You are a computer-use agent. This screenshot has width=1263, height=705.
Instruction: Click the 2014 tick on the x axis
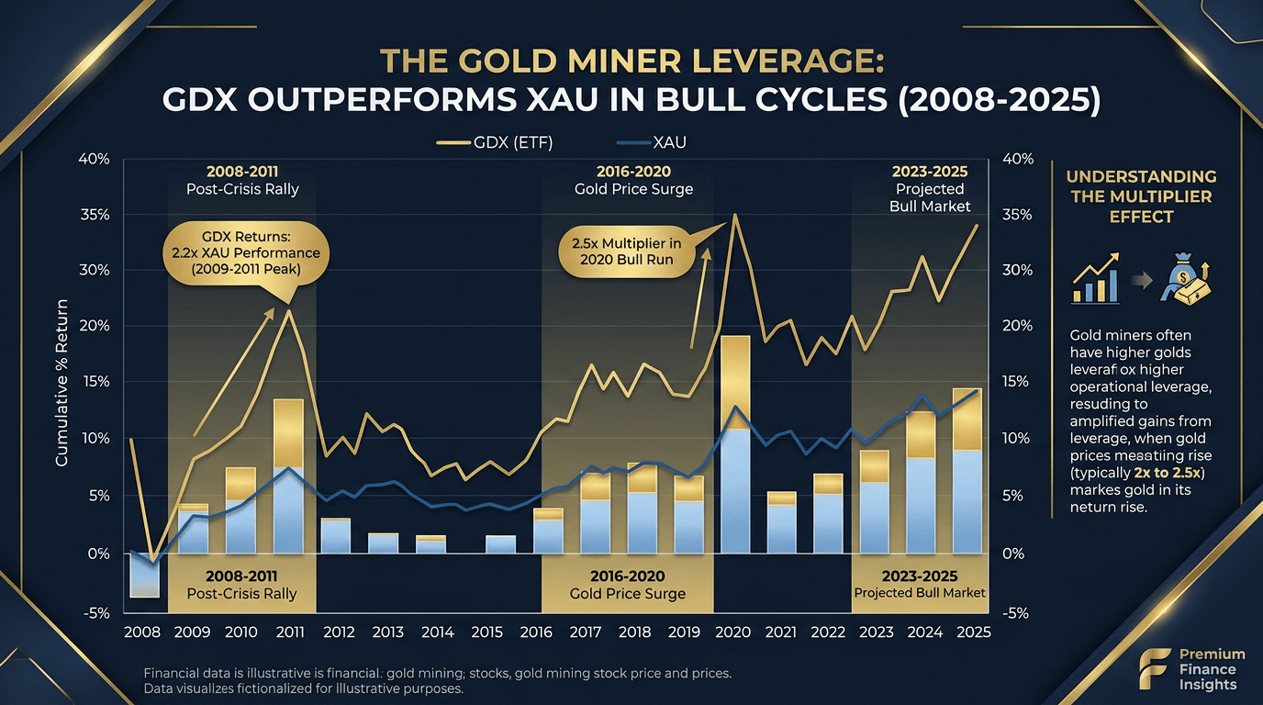pos(437,632)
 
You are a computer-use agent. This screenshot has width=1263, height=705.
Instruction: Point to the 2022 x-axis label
pos(827,632)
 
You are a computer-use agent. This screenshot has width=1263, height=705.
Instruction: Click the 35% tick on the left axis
pos(95,215)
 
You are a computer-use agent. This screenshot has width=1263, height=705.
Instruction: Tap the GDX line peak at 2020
pos(734,216)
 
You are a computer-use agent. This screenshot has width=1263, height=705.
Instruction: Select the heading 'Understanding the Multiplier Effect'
pos(1154,196)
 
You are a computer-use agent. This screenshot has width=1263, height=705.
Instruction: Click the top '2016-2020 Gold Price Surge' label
pos(632,180)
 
